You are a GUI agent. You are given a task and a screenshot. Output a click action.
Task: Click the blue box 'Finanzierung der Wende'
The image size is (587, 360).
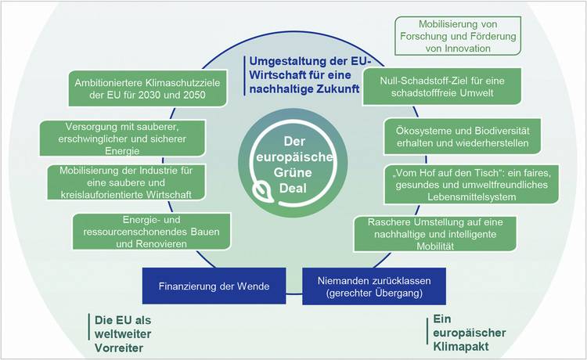(x=214, y=286)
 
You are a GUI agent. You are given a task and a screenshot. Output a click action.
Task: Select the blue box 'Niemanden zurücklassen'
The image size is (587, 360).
(x=374, y=286)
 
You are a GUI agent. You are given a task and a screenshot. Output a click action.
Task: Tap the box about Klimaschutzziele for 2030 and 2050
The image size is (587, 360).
(x=147, y=88)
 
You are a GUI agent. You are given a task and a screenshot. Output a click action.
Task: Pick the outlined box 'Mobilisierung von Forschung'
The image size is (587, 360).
(x=458, y=36)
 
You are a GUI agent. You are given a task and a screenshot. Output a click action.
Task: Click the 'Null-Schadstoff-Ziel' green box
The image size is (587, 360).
(x=442, y=86)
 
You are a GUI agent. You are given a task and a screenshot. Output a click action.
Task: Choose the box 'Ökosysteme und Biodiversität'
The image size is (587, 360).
(x=463, y=137)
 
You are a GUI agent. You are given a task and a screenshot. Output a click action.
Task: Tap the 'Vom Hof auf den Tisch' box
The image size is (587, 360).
(x=472, y=185)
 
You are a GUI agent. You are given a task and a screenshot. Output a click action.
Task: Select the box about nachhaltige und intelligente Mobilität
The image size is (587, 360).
(x=435, y=234)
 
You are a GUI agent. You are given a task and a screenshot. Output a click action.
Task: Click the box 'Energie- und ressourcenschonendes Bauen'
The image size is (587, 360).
(x=151, y=232)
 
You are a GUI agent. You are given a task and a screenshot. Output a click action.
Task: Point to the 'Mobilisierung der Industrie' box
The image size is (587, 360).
(x=127, y=182)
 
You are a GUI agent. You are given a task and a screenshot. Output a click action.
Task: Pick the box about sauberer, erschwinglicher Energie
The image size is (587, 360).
(x=122, y=139)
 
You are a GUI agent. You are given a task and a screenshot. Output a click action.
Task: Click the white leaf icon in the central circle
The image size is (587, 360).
(x=262, y=192)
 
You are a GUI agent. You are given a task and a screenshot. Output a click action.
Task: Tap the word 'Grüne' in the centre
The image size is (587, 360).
(x=293, y=172)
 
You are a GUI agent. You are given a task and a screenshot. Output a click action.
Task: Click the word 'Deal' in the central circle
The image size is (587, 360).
(x=293, y=189)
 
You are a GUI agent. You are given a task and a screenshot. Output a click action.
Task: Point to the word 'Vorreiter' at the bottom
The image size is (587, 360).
(x=119, y=348)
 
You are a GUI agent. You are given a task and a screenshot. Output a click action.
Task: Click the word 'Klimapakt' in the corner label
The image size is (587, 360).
(x=460, y=347)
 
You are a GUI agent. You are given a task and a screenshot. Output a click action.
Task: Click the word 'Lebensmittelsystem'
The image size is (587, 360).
(x=472, y=197)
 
